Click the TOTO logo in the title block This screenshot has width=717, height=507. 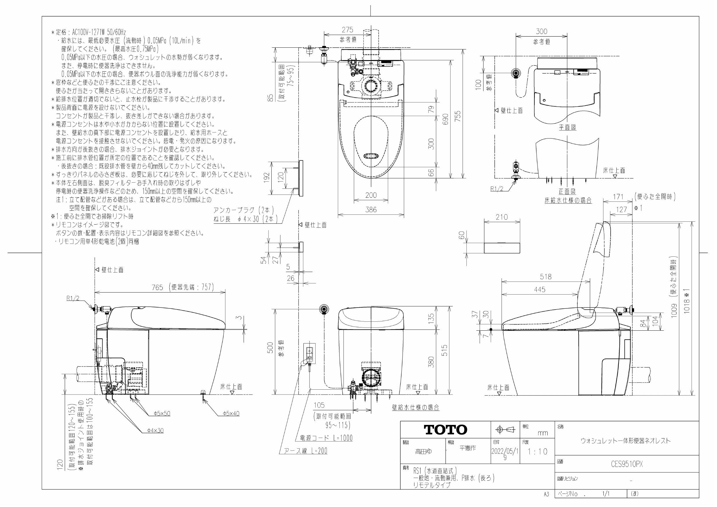point(445,430)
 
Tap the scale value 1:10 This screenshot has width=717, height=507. point(538,452)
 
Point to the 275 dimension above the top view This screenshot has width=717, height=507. point(347,30)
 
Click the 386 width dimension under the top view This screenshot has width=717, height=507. point(371,210)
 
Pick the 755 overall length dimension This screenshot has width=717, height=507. point(458,117)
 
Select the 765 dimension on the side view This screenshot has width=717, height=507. point(158,287)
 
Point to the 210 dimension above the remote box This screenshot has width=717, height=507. point(501,217)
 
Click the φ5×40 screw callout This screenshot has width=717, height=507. point(231,413)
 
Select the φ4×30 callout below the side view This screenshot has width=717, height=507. point(155,430)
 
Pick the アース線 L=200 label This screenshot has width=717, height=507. point(306,451)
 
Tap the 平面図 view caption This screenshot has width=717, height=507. point(567,127)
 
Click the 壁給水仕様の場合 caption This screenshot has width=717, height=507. point(416,407)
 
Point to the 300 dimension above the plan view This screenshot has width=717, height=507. point(542,31)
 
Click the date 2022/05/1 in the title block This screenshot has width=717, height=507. point(505,452)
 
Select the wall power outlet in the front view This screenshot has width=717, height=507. point(310,354)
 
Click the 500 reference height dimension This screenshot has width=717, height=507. point(270,347)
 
